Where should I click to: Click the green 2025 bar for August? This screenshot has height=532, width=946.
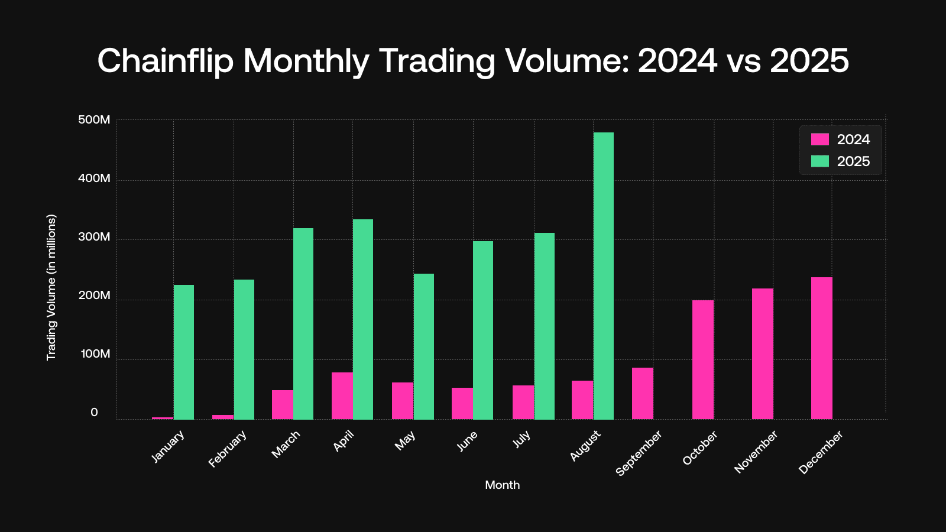[x=604, y=275]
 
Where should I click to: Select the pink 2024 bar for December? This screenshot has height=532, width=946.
[x=822, y=348]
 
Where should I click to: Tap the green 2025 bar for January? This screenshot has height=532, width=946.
[x=184, y=352]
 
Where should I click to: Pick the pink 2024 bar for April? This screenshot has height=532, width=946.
[x=342, y=395]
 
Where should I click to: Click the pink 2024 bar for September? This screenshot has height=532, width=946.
[x=643, y=393]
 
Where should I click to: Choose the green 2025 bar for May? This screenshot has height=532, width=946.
[x=424, y=346]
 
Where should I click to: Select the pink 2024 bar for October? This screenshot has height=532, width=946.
[x=703, y=359]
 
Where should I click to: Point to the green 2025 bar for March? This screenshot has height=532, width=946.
[x=303, y=324]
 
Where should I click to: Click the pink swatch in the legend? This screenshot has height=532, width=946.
[x=820, y=140]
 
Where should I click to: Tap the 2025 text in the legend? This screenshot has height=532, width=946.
[x=853, y=161]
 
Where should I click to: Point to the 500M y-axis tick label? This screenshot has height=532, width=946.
[x=94, y=120]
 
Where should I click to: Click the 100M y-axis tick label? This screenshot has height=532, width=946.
[x=95, y=354]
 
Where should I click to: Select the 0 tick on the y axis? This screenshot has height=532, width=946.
[x=94, y=413]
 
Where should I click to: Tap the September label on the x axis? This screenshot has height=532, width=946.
[x=639, y=453]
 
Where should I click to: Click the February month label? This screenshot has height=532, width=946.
[x=228, y=449]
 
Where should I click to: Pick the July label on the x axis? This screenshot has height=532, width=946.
[x=521, y=439]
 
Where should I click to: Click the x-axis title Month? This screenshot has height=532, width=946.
[x=502, y=485]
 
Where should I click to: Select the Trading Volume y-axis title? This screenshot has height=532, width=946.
[x=51, y=287]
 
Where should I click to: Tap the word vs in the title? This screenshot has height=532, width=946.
[x=744, y=61]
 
